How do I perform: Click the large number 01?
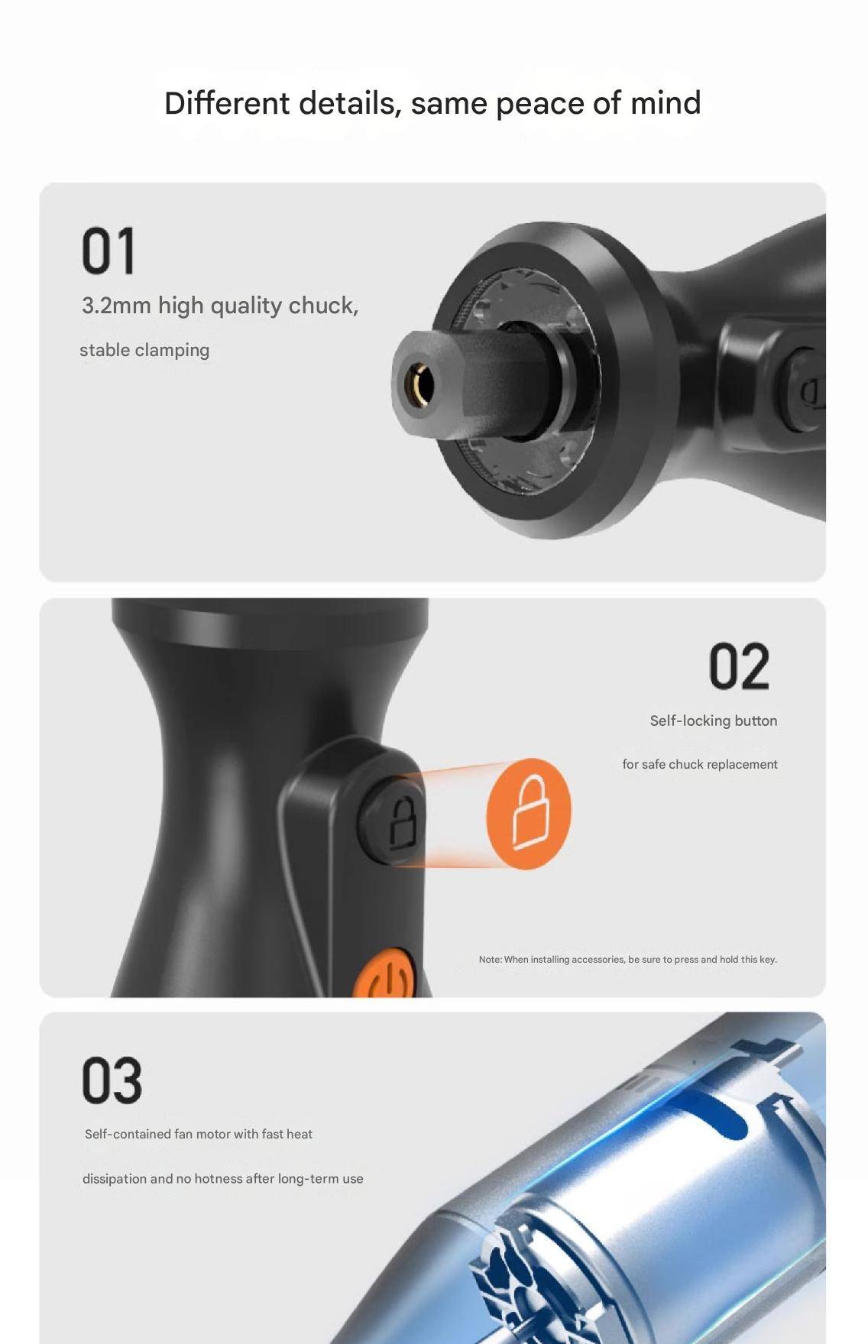pyautogui.click(x=108, y=250)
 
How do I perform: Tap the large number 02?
pyautogui.click(x=739, y=666)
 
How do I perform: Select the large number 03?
pyautogui.click(x=112, y=1080)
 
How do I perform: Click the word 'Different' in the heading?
pyautogui.click(x=227, y=103)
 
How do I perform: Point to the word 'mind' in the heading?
pyautogui.click(x=666, y=103)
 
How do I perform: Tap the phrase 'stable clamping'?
pyautogui.click(x=144, y=350)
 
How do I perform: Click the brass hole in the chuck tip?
pyautogui.click(x=420, y=382)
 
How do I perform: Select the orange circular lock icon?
pyautogui.click(x=529, y=813)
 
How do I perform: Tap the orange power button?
pyautogui.click(x=385, y=973)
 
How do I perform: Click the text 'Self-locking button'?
pyautogui.click(x=714, y=721)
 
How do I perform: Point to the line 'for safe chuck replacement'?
pyautogui.click(x=700, y=764)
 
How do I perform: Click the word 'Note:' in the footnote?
pyautogui.click(x=490, y=960)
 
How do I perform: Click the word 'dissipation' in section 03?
pyautogui.click(x=115, y=1179)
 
